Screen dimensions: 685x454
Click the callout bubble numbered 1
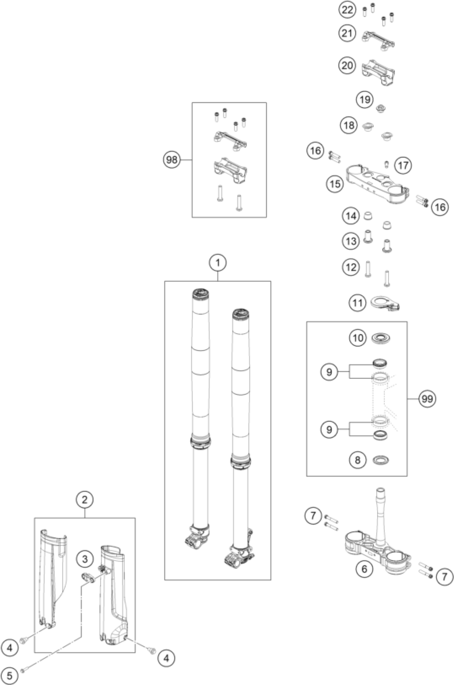[x=217, y=263]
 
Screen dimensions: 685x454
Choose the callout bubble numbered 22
[x=347, y=10]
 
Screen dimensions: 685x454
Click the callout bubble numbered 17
[x=403, y=166]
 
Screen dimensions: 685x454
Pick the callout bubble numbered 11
[x=357, y=303]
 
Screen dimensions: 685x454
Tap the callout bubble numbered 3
[x=85, y=559]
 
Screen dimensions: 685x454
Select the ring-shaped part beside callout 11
[x=385, y=303]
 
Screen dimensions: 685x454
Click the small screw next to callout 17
[x=386, y=164]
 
